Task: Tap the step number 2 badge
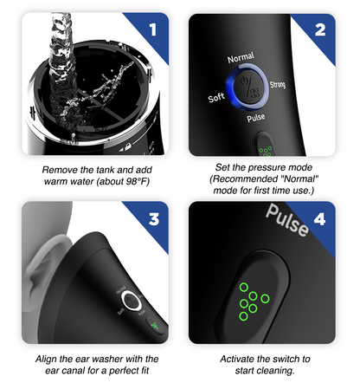pyautogui.click(x=319, y=30)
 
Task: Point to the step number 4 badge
pyautogui.click(x=319, y=218)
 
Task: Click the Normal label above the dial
pyautogui.click(x=240, y=58)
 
